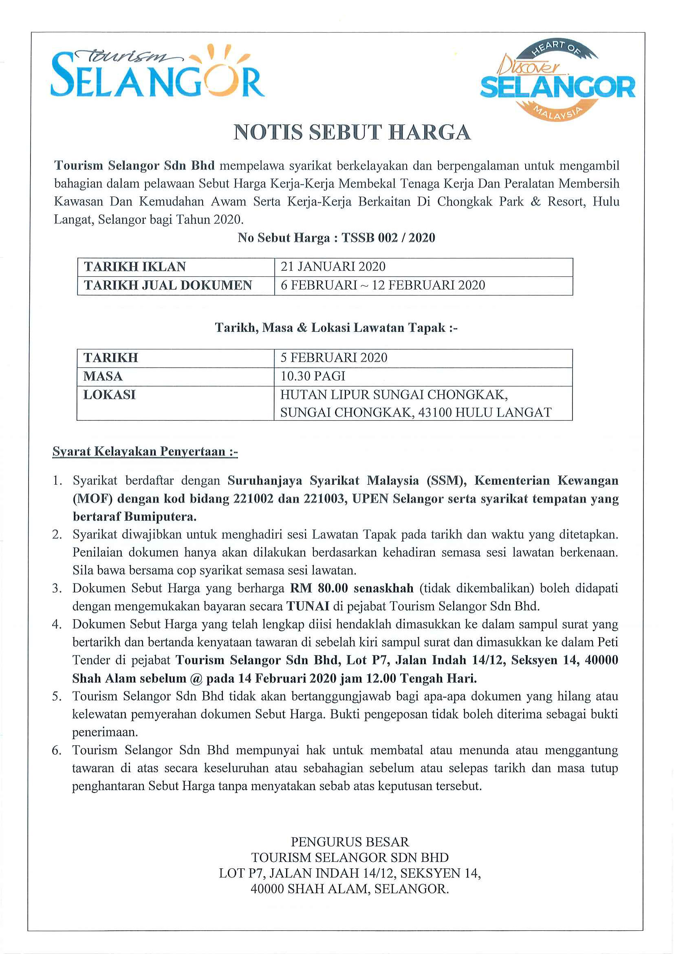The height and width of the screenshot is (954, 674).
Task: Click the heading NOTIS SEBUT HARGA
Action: point(352,132)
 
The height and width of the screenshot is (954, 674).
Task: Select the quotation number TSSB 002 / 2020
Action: point(388,238)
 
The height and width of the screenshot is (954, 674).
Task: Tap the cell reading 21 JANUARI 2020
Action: point(333,267)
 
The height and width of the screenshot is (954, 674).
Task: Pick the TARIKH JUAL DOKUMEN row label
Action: point(168,285)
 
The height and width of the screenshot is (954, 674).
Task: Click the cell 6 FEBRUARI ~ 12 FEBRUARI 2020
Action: point(383,285)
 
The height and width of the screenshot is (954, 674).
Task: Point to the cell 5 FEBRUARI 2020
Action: point(334,358)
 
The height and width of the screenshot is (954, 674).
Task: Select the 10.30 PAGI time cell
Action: point(313,376)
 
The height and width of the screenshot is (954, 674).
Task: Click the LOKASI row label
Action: point(110,395)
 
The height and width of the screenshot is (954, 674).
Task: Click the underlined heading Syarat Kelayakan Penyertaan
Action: point(145,451)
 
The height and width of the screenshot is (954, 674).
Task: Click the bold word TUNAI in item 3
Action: point(308,606)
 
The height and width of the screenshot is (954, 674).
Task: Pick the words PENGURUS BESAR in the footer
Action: point(350,842)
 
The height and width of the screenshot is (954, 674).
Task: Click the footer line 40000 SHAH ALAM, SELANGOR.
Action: point(350,889)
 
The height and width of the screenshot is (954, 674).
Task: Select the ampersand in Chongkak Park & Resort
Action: point(536,201)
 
